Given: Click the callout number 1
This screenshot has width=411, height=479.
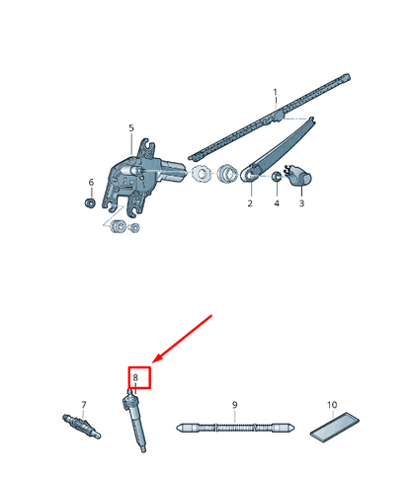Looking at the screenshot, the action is [276, 92].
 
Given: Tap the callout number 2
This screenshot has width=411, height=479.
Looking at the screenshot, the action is [250, 203].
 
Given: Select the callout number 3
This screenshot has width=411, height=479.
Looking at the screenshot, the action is [301, 203].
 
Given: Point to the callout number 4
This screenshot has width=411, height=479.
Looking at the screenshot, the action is [277, 203].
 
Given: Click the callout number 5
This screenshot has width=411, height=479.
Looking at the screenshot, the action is [131, 127].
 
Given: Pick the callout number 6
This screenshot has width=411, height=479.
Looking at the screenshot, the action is [91, 182].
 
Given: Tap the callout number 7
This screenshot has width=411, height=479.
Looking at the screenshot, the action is [84, 404].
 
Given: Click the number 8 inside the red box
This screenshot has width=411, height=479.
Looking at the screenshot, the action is [135, 377].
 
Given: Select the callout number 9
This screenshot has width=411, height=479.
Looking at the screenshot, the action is [234, 404].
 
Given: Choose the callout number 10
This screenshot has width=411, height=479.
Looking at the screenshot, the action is [332, 404].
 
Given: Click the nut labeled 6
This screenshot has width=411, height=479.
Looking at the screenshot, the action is [90, 202].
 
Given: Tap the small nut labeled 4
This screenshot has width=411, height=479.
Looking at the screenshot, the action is [277, 177].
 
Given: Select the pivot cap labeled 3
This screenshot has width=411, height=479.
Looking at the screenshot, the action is [299, 176].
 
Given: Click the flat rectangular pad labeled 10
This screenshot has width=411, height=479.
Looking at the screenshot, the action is [335, 427].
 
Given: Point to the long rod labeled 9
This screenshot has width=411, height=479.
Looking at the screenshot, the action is [235, 428].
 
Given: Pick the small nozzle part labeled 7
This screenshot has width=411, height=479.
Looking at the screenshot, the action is [81, 426].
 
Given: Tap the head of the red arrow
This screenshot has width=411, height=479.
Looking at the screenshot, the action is [155, 360].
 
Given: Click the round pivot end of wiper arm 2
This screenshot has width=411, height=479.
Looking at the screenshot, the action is [249, 175].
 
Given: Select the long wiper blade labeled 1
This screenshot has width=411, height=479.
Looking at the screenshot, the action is [269, 117].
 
